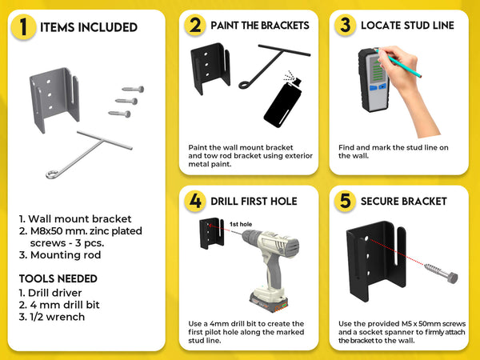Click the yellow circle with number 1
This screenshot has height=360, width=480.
[x=23, y=28]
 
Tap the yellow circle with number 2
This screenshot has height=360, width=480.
[x=194, y=26]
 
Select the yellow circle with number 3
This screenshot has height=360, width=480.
[x=345, y=26]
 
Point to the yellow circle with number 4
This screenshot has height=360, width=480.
[x=194, y=200]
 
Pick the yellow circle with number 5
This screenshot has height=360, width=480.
[x=345, y=200]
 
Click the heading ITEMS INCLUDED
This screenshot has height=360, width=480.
[x=89, y=28]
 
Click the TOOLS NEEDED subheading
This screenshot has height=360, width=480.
[x=58, y=278]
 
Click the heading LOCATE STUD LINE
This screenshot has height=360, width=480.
[x=407, y=26]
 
